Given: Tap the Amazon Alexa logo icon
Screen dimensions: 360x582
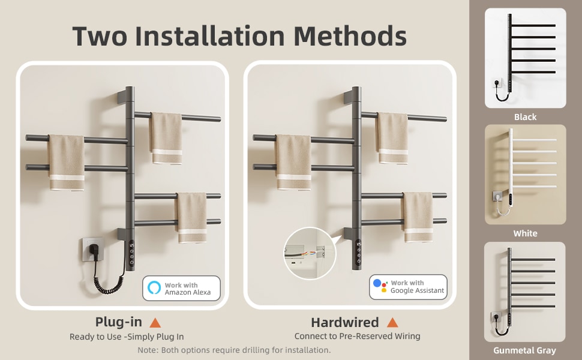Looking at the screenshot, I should [x=154, y=288].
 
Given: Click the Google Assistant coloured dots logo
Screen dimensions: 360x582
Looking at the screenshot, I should [x=380, y=286].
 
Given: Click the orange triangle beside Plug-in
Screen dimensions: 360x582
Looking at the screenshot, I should [x=155, y=323].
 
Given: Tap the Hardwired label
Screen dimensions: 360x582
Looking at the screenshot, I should [x=344, y=323].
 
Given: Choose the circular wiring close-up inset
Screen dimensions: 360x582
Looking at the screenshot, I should [x=310, y=253].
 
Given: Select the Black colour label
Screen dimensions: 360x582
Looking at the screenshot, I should [x=525, y=117].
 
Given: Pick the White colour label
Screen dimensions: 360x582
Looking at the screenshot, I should [x=525, y=233].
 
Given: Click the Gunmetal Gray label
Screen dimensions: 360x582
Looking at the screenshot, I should [x=524, y=350].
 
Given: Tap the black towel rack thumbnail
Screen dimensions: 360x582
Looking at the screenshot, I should [x=525, y=58].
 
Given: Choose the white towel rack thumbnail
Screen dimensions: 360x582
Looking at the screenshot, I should [x=525, y=174].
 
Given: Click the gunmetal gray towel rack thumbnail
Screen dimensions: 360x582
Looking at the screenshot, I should [x=524, y=292].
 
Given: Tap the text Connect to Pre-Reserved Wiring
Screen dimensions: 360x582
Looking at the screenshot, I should [x=357, y=337].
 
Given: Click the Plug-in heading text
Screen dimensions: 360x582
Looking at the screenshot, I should [x=118, y=323].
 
